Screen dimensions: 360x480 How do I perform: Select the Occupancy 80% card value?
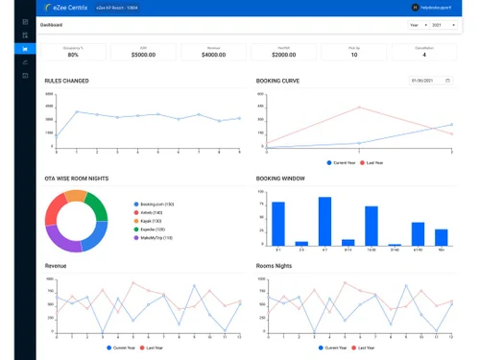point(73,56)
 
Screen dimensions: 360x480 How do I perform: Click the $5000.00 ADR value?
point(143,56)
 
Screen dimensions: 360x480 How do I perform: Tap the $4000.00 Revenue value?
point(213,56)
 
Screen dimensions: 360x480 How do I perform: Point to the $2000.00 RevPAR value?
point(284,56)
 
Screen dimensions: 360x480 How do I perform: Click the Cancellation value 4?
point(423,56)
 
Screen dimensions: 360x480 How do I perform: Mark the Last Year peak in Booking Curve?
point(359,108)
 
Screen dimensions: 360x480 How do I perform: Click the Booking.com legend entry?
point(155,204)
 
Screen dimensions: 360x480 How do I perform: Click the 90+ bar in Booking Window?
point(441,237)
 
